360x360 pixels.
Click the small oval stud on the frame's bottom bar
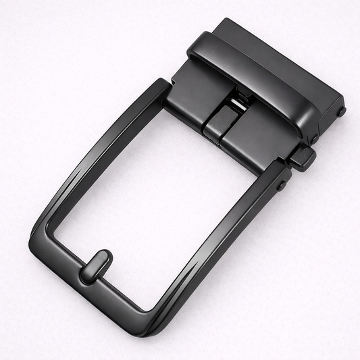[96, 265]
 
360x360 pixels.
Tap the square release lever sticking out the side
[303, 157]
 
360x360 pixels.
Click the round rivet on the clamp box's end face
[341, 111]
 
